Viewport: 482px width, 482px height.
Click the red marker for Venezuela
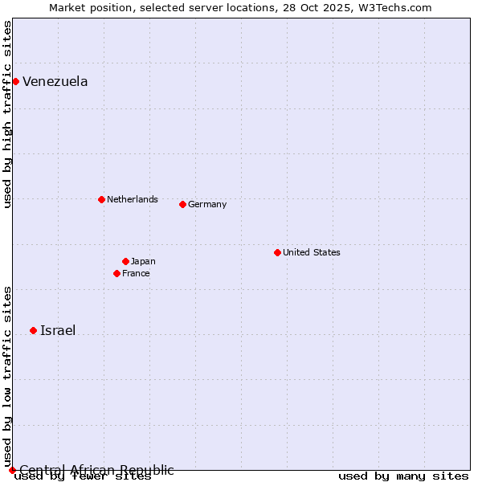[15, 81]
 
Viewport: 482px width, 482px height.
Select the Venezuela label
[55, 81]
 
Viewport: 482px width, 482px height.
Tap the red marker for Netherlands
[101, 199]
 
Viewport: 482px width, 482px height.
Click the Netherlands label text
[132, 199]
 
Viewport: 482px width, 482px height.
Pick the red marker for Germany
[182, 204]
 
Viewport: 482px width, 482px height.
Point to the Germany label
[207, 204]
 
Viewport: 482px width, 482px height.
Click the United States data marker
[277, 252]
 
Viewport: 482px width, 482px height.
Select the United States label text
[311, 252]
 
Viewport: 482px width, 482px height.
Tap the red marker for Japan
[125, 261]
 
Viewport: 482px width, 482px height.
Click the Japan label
[143, 261]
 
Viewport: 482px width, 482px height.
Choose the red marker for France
[116, 273]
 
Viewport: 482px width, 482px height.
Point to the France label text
[136, 273]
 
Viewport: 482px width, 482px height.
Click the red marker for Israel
[33, 330]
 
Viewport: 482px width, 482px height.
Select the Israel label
[58, 330]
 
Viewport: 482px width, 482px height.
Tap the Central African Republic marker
[12, 470]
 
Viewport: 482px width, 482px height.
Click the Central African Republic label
[96, 470]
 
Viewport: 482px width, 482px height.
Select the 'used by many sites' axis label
[403, 476]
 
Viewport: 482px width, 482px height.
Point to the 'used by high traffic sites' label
[7, 114]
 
